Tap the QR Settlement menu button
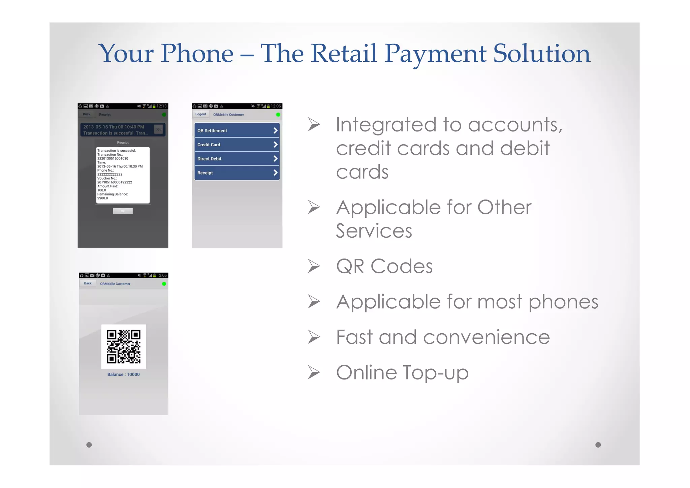coord(237,130)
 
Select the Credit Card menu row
coord(237,145)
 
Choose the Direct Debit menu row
coord(237,159)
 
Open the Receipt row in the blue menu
coord(237,173)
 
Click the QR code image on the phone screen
coord(124,346)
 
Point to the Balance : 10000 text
coord(123,374)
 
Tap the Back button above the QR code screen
coord(88,283)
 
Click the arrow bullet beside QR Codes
coord(314,266)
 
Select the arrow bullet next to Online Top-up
coord(314,373)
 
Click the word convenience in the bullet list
coord(486,337)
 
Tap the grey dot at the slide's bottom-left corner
coord(89,445)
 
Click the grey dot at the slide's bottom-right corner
coord(598,445)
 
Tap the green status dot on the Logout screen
coord(278,115)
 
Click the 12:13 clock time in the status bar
coord(161,106)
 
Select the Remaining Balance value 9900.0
coord(103,198)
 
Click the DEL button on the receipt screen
coord(158,129)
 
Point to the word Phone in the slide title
coord(197,54)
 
